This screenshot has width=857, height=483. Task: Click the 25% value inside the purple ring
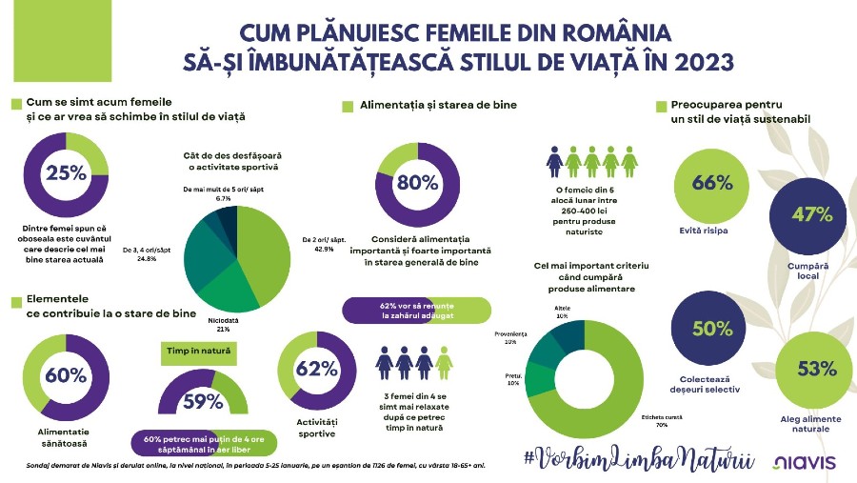click(x=66, y=172)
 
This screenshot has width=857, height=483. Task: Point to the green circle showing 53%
click(x=807, y=369)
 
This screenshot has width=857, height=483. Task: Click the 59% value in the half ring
click(x=202, y=401)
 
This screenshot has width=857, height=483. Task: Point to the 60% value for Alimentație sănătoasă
click(x=66, y=374)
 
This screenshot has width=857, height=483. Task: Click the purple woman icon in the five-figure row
click(x=555, y=161)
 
